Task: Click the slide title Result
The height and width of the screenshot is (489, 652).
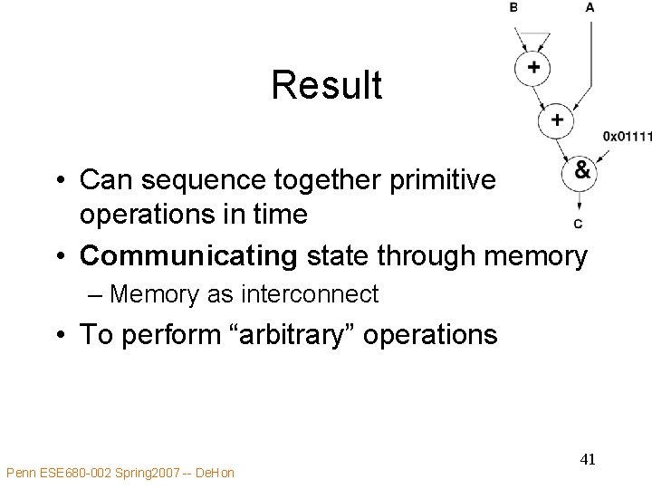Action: tap(326, 86)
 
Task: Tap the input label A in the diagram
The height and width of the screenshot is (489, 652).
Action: tap(590, 7)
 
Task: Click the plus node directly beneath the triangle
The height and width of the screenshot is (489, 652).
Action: tap(534, 68)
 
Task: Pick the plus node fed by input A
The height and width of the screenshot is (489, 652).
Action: tap(556, 120)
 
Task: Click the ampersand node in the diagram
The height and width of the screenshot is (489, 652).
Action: tap(580, 171)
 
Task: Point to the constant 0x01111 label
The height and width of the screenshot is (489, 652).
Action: tap(627, 137)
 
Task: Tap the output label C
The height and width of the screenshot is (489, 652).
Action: tap(579, 224)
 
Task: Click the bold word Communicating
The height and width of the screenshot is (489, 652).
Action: tap(188, 256)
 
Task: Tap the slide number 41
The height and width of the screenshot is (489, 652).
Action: tap(588, 459)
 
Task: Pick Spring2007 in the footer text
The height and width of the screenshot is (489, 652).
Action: tap(140, 473)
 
